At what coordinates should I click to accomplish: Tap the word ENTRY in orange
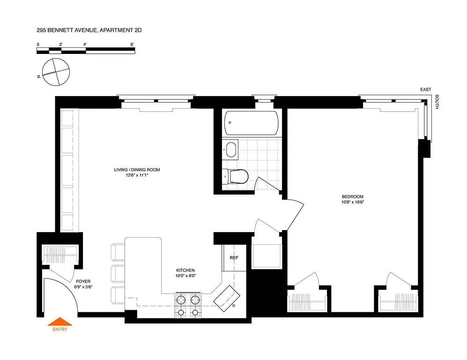click(x=60, y=329)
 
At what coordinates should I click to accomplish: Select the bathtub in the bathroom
click(x=251, y=122)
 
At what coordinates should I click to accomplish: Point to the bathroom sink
click(x=231, y=150)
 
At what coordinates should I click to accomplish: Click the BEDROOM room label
click(x=352, y=196)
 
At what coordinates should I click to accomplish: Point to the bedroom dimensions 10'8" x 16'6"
click(x=352, y=202)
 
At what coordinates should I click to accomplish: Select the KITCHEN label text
click(x=185, y=270)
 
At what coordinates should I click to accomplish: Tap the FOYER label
click(x=83, y=281)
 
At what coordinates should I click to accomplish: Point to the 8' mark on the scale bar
click(x=133, y=44)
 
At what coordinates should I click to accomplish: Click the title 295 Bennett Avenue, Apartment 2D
click(x=89, y=30)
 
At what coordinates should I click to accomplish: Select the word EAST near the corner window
click(x=425, y=90)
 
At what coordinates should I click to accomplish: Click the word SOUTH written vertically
click(x=437, y=102)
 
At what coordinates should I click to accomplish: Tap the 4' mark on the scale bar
click(x=85, y=44)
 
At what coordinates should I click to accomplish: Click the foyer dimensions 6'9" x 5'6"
click(x=83, y=287)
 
